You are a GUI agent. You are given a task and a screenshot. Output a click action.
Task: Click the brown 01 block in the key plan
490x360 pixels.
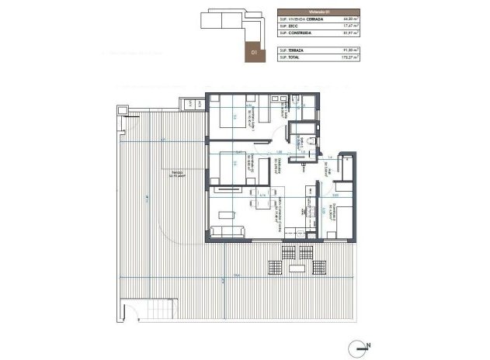tap(253, 53)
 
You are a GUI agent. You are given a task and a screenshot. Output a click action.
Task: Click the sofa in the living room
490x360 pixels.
tap(227, 233)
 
